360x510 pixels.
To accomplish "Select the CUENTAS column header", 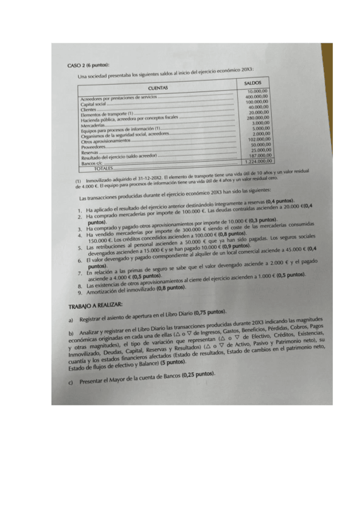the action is click(x=157, y=87).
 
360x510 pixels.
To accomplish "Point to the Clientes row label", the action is click(x=88, y=109).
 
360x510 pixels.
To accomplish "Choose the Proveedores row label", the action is click(x=93, y=146).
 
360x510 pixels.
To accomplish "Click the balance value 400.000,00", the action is click(x=257, y=96).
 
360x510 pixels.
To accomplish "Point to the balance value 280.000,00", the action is click(x=258, y=118).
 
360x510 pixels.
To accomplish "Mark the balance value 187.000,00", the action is click(x=258, y=155).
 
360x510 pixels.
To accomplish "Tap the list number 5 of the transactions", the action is click(x=79, y=248).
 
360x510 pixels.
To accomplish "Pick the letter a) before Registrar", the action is click(x=72, y=319).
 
